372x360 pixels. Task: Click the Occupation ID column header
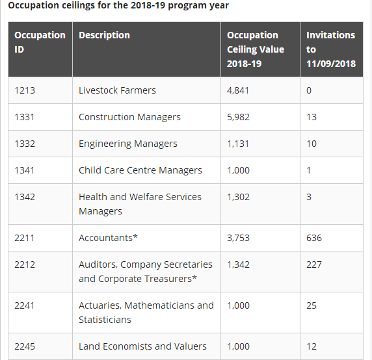coord(40,42)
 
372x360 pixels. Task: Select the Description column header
coord(104,35)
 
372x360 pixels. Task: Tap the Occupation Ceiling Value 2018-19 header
coord(256,49)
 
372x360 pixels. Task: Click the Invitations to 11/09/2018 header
coord(331,49)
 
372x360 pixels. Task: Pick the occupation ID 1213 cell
coord(25,90)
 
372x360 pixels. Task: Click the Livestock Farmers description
coord(117,90)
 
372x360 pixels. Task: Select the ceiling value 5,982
coord(238,117)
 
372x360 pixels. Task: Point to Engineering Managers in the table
coord(128,144)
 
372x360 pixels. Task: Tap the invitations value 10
coord(312,144)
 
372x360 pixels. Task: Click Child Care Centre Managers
coord(140,170)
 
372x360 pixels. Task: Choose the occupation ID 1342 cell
coord(25,197)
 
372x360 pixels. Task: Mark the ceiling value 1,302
coord(238,197)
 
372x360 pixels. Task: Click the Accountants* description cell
coord(108,238)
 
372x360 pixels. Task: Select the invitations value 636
coord(314,238)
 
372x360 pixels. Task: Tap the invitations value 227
coord(314,264)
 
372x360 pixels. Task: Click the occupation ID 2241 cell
coord(25,305)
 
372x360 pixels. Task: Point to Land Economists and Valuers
coord(142,346)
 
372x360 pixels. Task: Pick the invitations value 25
coord(312,305)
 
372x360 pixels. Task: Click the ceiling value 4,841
coord(238,90)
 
